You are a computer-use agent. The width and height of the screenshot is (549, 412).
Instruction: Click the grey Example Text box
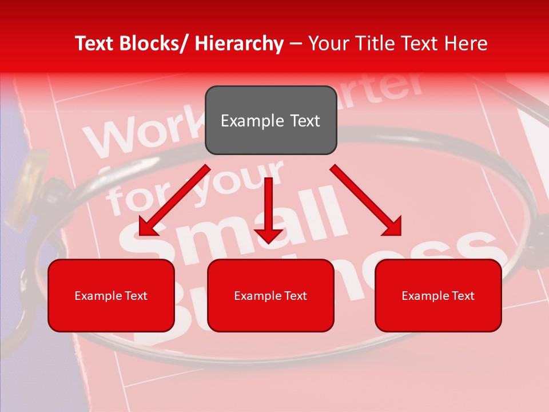tap(270, 120)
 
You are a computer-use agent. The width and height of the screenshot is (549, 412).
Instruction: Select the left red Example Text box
tap(111, 295)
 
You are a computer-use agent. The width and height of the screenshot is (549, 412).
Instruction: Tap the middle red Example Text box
tap(270, 295)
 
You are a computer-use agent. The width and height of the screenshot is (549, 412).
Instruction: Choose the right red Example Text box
tap(438, 295)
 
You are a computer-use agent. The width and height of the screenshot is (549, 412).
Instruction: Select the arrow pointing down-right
tap(366, 200)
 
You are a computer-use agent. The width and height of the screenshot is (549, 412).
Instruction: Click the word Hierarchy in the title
tap(238, 43)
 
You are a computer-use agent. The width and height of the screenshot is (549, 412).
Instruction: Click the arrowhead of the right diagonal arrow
tap(392, 227)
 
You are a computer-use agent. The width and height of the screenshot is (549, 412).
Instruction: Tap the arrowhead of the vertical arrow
tap(268, 235)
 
